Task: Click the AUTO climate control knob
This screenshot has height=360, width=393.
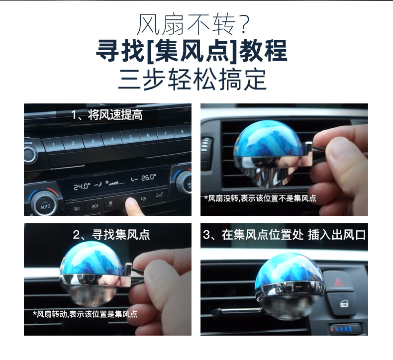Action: point(45,205)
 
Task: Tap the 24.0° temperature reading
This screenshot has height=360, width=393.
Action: point(81,186)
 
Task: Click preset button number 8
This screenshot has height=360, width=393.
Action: point(182,132)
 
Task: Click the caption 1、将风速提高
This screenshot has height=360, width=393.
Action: point(107,115)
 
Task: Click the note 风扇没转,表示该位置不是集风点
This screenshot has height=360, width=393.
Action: point(260,198)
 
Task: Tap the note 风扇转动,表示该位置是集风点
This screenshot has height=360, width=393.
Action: point(85,314)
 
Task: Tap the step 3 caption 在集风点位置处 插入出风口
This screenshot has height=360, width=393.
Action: point(284,235)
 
